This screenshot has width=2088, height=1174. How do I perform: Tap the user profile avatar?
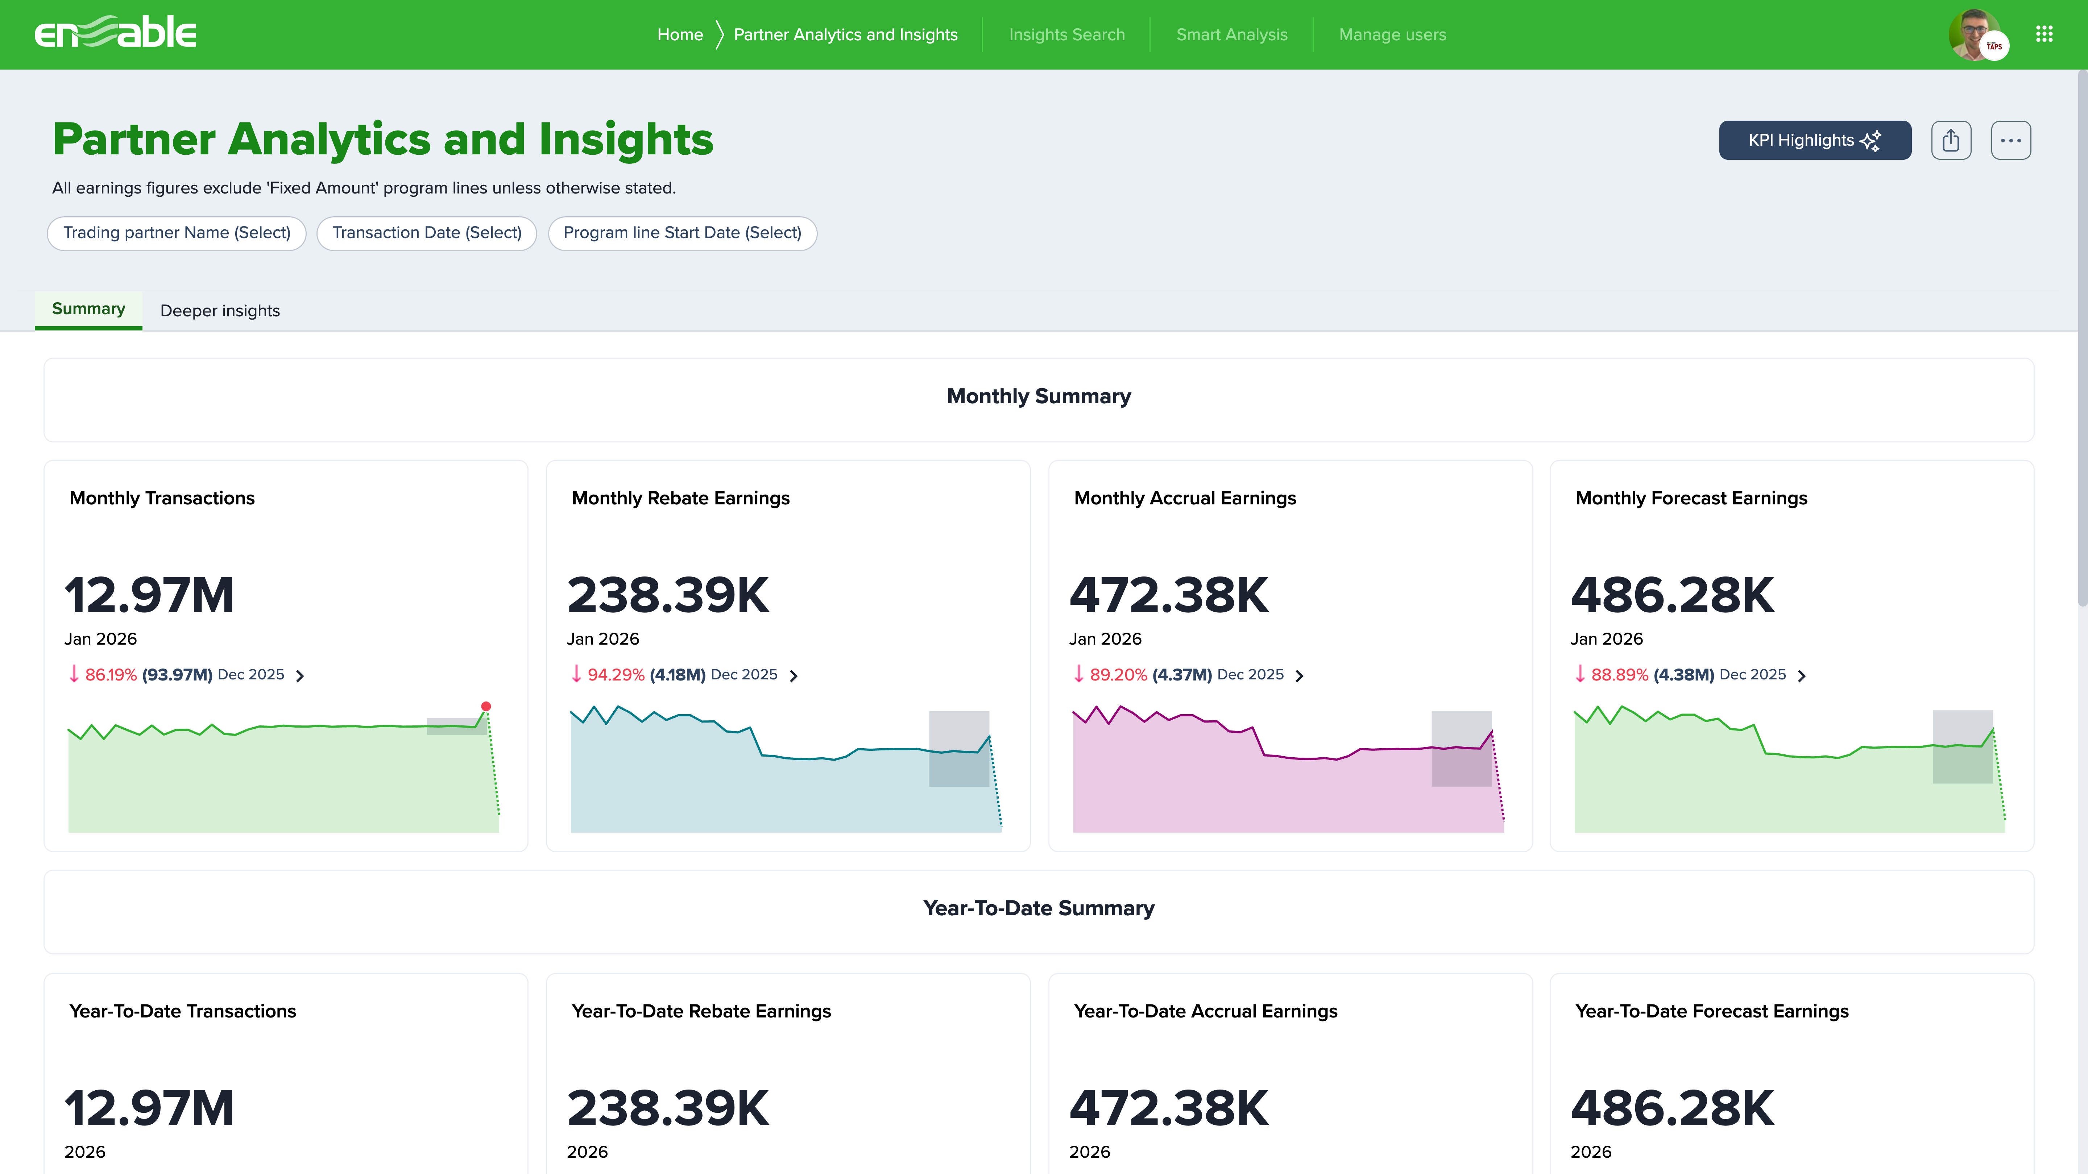point(1975,34)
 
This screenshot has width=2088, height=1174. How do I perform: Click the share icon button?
point(1950,140)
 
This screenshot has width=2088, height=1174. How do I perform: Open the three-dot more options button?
point(2010,140)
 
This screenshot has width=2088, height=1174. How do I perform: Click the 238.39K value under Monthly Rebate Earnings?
point(668,595)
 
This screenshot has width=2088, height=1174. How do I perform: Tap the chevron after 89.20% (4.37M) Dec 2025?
point(1299,676)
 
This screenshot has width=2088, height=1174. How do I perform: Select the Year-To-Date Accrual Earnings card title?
point(1205,1011)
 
